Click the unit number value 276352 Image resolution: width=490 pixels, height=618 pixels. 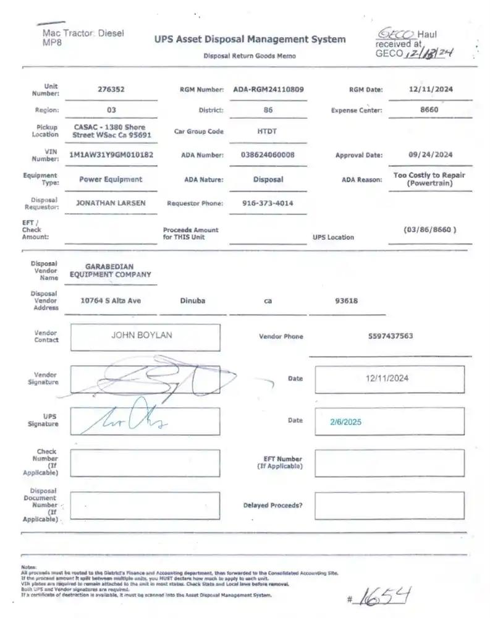pos(111,89)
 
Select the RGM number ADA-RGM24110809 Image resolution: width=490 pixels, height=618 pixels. pos(268,89)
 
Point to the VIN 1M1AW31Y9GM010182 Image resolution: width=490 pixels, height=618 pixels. pos(111,154)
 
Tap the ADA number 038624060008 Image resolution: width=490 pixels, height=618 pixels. pos(268,154)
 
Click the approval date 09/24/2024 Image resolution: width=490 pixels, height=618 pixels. pos(431,154)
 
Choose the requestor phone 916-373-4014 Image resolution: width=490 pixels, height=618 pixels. pos(268,203)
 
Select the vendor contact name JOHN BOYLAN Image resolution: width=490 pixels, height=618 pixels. pos(142,335)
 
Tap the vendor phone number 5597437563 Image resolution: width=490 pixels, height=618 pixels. pos(389,336)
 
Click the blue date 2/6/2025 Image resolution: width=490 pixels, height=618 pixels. pos(346,422)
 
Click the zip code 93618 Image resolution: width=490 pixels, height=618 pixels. pos(346,300)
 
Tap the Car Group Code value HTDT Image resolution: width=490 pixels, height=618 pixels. pos(268,131)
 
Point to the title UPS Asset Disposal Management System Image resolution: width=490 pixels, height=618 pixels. pos(250,40)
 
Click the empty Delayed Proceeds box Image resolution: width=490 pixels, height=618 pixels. pos(389,505)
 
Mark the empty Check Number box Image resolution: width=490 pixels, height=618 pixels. pos(145,463)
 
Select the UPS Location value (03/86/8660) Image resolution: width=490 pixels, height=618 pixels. pos(430,229)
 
